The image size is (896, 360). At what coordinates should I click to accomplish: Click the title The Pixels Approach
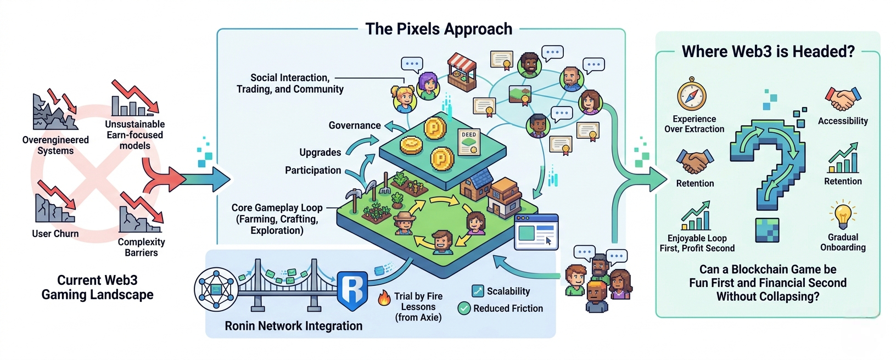(439, 29)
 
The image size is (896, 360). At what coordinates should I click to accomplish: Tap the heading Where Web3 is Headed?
(768, 52)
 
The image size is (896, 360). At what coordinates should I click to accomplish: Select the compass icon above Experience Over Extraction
(691, 95)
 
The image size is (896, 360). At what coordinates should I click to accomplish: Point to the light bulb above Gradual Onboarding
(843, 215)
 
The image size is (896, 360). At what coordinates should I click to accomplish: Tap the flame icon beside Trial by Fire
(384, 298)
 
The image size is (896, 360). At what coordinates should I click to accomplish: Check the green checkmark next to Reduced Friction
(464, 308)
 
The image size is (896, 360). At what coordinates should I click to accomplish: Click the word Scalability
(508, 291)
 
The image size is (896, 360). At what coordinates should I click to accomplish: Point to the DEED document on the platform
(469, 142)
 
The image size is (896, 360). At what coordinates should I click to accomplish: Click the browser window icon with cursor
(536, 232)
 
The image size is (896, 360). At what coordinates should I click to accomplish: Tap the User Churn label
(55, 234)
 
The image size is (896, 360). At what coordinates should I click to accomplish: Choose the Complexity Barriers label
(141, 248)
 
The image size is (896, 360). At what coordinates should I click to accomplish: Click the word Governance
(355, 126)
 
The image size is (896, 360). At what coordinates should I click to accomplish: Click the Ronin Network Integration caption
(293, 326)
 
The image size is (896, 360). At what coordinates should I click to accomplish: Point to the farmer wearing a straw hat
(404, 222)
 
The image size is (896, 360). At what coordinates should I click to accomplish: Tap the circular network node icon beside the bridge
(216, 289)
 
